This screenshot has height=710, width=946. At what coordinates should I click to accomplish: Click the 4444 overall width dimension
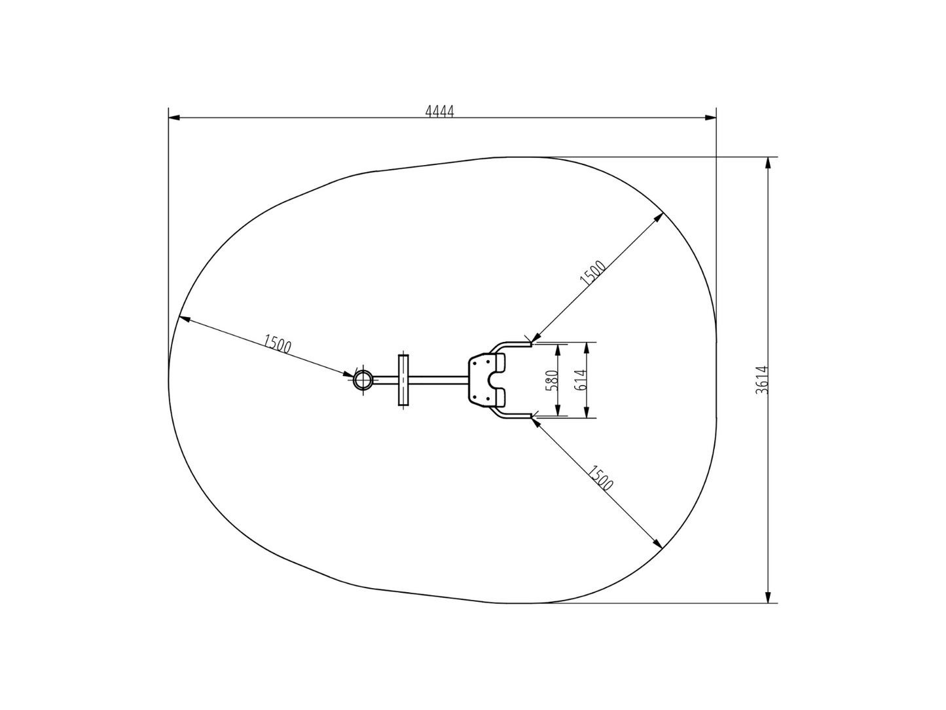click(x=439, y=111)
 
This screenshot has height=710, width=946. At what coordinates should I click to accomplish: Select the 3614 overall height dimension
click(x=761, y=380)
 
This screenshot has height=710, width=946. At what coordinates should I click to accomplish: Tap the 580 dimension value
click(x=552, y=381)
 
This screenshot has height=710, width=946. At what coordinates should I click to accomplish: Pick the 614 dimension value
click(x=581, y=380)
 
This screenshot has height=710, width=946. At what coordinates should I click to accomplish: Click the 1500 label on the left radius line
click(x=277, y=344)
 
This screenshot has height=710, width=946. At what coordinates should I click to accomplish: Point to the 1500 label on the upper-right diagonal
click(x=592, y=273)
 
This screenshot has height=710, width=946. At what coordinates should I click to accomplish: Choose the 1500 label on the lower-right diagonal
click(x=600, y=478)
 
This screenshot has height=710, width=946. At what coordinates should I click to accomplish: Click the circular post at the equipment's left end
click(x=363, y=380)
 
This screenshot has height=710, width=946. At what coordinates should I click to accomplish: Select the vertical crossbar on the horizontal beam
click(x=403, y=380)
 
